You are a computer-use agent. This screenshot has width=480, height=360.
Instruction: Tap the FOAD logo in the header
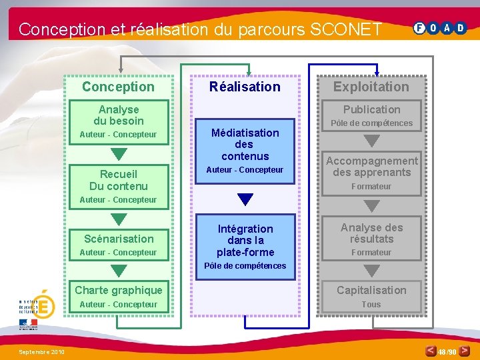click(440, 28)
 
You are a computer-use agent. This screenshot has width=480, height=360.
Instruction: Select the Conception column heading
click(118, 87)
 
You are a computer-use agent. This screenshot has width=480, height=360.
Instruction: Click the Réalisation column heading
click(245, 87)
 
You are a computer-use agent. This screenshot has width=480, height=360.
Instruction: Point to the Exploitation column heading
click(371, 87)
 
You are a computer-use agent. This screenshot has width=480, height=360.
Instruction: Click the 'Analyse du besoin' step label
click(119, 115)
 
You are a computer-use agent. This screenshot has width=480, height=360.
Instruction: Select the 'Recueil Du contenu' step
click(119, 180)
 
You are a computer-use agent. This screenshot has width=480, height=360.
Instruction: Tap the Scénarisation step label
click(119, 239)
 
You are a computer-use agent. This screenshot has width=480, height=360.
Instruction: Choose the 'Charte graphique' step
click(119, 290)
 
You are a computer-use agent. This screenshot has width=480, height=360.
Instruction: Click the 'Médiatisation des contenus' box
click(245, 145)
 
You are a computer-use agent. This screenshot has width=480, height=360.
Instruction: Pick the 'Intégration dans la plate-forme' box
click(245, 240)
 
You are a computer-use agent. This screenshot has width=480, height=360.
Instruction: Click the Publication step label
click(371, 109)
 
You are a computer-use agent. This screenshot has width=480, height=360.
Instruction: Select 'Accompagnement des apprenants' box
click(371, 167)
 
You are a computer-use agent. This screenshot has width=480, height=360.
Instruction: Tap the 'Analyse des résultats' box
click(371, 233)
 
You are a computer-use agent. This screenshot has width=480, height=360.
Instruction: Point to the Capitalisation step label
click(371, 290)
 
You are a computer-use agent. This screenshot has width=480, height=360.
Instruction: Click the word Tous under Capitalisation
click(371, 305)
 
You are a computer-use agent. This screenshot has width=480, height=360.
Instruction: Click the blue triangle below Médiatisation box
click(245, 199)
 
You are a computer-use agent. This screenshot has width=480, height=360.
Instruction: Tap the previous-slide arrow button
click(432, 351)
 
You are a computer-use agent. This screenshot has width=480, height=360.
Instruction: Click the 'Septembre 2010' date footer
click(41, 351)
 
